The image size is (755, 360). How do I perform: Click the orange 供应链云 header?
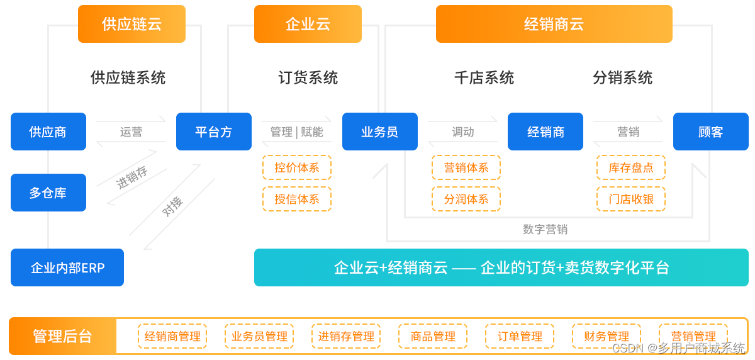click(131, 25)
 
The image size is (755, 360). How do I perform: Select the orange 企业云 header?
click(308, 25)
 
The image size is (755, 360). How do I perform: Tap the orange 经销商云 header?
click(554, 25)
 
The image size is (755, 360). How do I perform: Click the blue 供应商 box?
click(48, 132)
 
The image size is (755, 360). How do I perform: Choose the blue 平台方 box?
click(213, 132)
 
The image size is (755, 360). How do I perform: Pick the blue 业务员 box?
click(379, 132)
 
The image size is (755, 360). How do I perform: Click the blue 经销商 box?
click(545, 132)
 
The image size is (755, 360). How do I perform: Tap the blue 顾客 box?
click(710, 132)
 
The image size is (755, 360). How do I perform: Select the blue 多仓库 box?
click(48, 193)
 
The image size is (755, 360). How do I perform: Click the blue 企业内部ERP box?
click(67, 267)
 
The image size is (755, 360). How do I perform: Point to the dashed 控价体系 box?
click(297, 168)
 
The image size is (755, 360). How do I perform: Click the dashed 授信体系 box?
click(297, 199)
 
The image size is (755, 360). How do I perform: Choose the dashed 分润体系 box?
click(466, 199)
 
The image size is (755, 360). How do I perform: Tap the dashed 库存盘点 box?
click(630, 168)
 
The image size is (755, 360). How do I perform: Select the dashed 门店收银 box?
click(630, 199)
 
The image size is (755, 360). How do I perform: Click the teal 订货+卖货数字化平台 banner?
click(501, 267)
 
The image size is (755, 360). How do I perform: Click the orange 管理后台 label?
click(62, 336)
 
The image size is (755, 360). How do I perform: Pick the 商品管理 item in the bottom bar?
click(433, 336)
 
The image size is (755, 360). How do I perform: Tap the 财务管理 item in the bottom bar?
click(607, 336)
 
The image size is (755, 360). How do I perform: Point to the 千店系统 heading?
click(484, 77)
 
